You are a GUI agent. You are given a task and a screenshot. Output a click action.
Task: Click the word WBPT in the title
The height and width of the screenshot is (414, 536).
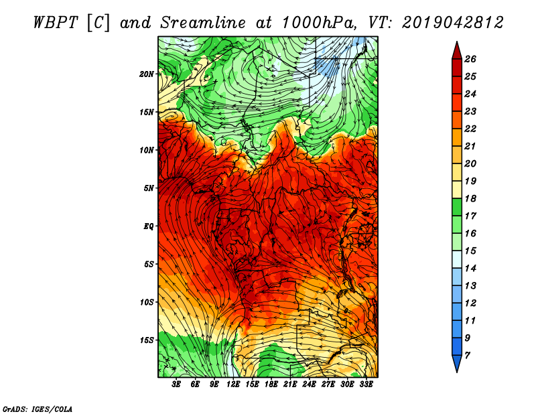click(x=56, y=23)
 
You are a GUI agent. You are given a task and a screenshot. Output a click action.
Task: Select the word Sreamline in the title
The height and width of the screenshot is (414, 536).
click(x=203, y=23)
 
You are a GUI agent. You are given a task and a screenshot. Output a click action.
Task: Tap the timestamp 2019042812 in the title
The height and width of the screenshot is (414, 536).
click(x=453, y=23)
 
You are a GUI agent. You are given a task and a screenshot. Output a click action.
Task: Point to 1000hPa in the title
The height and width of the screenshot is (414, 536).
click(x=318, y=23)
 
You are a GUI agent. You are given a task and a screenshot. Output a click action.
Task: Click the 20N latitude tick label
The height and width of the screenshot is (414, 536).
click(x=146, y=74)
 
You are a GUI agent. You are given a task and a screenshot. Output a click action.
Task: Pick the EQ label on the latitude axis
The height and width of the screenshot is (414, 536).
click(x=148, y=226)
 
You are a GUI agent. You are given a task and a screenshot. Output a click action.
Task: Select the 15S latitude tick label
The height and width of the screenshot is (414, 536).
click(x=146, y=340)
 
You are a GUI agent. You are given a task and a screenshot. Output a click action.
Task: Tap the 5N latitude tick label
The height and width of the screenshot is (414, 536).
click(x=149, y=188)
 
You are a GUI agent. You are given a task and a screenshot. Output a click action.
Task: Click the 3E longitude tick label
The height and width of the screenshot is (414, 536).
click(x=176, y=385)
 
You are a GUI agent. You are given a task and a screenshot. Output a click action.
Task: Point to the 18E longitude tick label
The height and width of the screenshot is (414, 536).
click(x=271, y=385)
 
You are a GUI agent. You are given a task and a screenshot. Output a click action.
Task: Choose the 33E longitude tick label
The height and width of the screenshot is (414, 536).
click(x=366, y=385)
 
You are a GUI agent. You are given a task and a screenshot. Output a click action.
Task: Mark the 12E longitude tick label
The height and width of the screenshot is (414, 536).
click(x=233, y=385)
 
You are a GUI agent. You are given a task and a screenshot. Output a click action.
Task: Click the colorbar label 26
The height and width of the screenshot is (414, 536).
click(x=470, y=59)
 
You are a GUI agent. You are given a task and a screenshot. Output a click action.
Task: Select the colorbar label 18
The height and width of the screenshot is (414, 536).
click(x=470, y=198)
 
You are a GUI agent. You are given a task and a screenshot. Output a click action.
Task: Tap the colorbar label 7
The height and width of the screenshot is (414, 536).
click(x=467, y=356)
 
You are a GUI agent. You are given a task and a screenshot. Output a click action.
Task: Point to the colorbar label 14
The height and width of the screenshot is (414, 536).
click(x=470, y=269)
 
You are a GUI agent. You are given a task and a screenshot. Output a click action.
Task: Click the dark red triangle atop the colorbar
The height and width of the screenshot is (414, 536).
click(x=457, y=52)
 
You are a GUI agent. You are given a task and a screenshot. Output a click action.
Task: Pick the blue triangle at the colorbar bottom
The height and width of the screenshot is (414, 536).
click(x=457, y=362)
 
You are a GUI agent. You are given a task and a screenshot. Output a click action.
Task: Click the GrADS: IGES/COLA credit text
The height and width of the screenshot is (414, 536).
click(x=38, y=409)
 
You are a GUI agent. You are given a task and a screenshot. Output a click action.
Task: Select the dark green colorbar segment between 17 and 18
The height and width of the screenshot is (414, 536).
click(x=457, y=207)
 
